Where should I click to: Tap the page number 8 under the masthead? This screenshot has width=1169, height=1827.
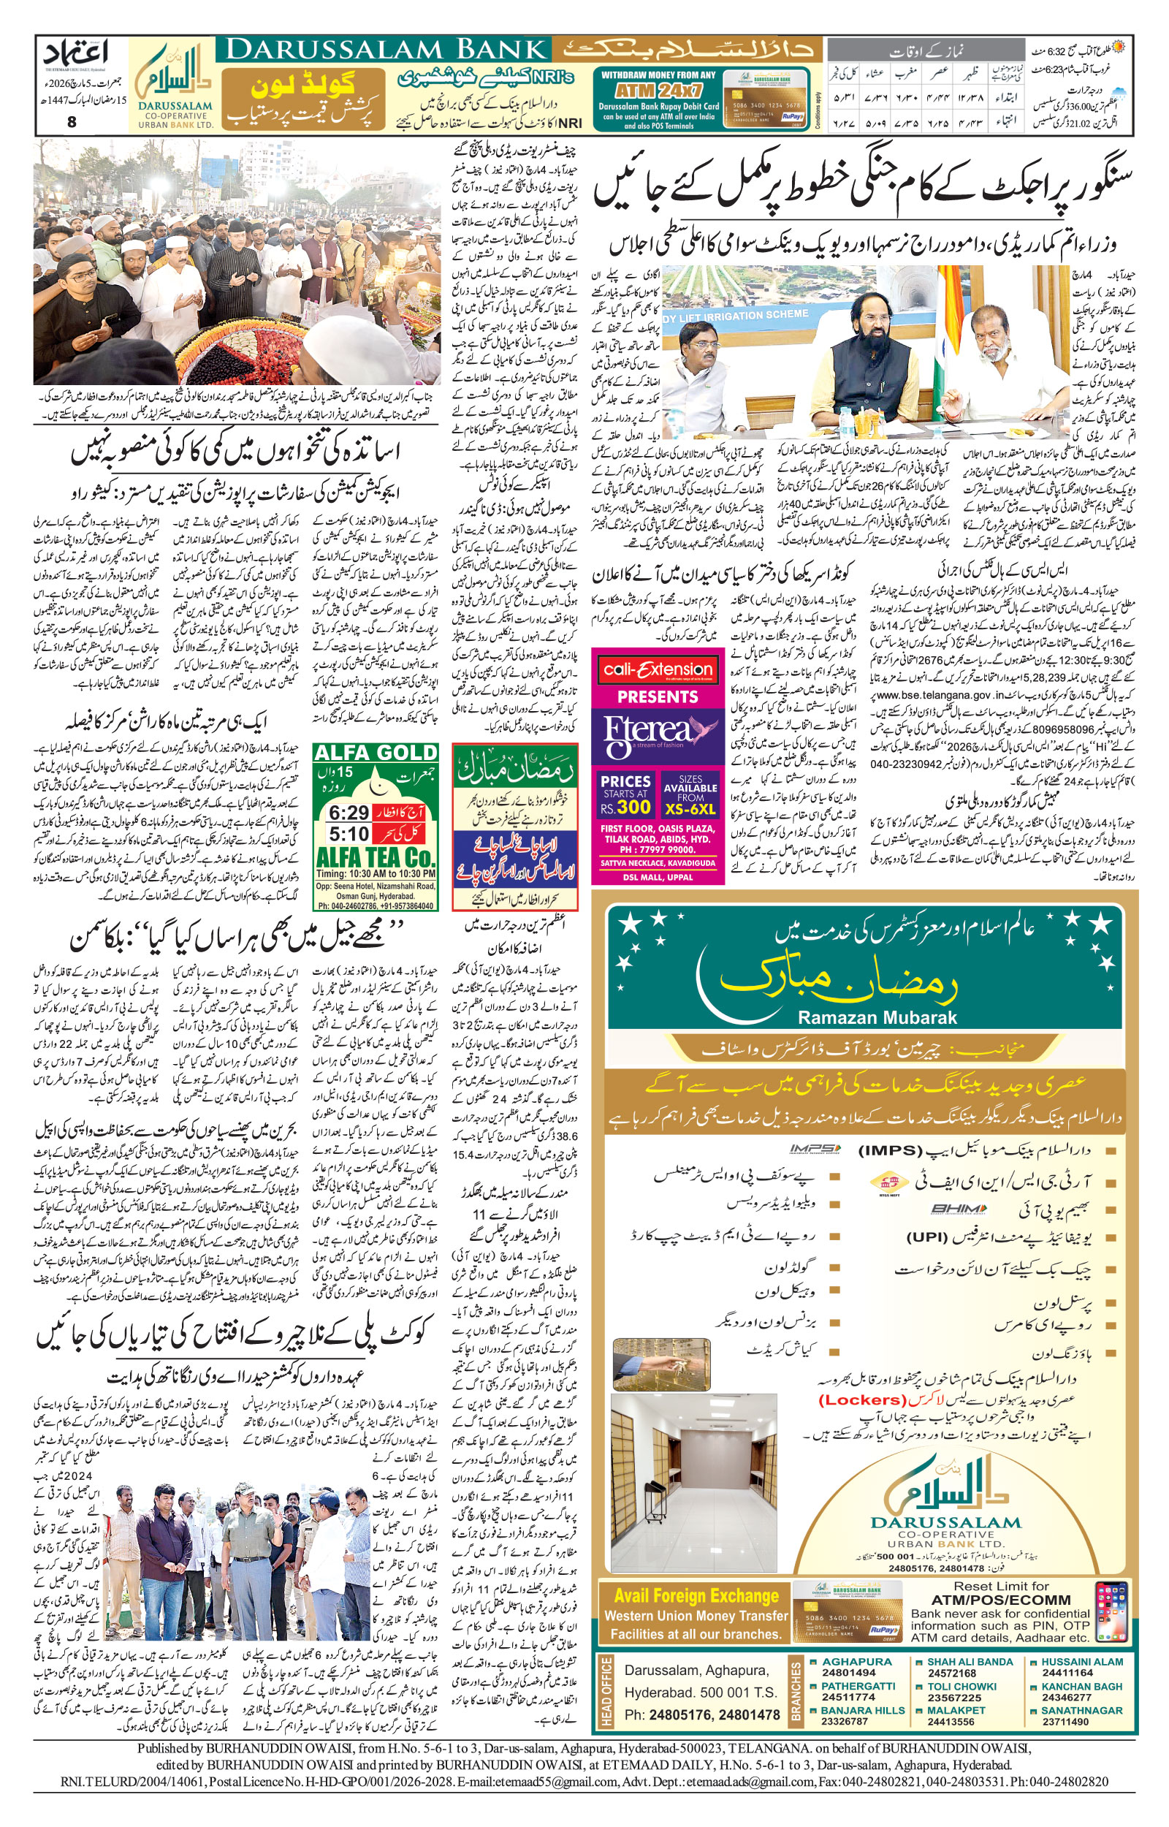click(72, 121)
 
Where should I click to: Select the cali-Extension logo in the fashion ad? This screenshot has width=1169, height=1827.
click(658, 669)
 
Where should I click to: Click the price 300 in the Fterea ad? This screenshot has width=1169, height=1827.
click(634, 806)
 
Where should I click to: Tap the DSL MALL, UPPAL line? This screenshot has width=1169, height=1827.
click(658, 877)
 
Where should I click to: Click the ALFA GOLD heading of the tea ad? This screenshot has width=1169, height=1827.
click(376, 753)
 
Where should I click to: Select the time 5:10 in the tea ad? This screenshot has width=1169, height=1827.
click(349, 834)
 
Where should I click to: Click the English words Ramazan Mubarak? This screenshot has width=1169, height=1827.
click(877, 1018)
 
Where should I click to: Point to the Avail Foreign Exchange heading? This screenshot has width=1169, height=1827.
click(696, 1595)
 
